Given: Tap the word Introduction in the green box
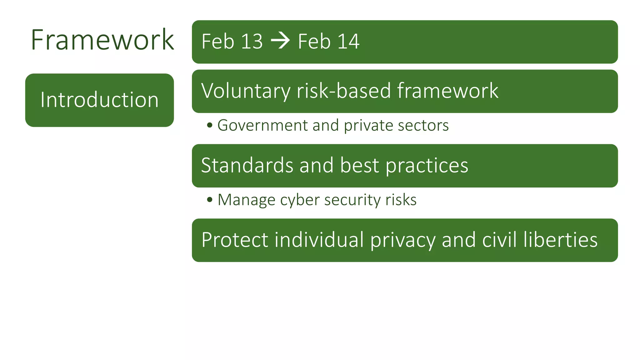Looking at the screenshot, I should [99, 100].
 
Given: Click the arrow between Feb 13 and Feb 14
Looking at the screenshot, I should [280, 41].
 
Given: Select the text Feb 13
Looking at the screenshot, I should [232, 41].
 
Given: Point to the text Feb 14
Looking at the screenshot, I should [328, 41].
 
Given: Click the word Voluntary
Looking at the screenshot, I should [246, 91].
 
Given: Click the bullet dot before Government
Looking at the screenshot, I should [210, 125].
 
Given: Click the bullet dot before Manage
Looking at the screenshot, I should [210, 200].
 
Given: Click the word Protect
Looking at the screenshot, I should [235, 240].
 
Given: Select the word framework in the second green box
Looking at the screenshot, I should [447, 91].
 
